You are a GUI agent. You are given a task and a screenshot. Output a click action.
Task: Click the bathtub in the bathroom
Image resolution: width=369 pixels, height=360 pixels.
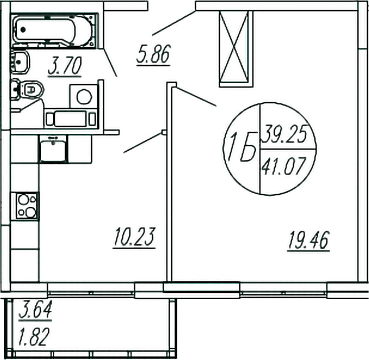(x=55, y=29)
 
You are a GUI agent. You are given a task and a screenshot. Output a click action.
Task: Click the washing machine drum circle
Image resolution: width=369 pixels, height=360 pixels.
(x=84, y=97)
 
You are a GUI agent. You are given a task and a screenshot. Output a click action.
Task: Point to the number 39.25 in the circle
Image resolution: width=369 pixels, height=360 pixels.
(x=284, y=135)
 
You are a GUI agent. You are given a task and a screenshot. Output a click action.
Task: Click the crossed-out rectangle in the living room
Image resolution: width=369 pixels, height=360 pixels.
(x=234, y=48)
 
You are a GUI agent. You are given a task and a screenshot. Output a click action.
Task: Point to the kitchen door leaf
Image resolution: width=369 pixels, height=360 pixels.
(x=143, y=143)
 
